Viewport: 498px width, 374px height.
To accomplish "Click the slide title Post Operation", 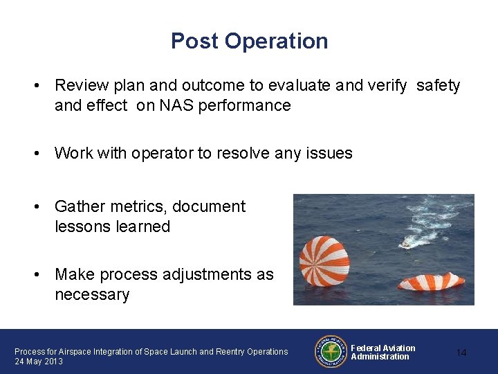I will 249,41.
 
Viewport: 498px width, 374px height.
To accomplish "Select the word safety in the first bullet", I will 438,86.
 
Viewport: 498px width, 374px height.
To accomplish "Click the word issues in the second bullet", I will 331,153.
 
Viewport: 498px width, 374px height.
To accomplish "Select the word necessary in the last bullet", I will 92,295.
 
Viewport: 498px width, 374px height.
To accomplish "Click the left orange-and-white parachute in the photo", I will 324,260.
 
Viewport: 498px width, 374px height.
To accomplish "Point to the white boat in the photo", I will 407,243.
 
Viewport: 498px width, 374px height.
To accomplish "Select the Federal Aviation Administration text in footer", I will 382,353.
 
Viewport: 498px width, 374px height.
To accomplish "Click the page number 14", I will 461,353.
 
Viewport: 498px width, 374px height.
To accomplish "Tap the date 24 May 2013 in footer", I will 39,362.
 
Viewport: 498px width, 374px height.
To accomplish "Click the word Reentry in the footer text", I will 221,352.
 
